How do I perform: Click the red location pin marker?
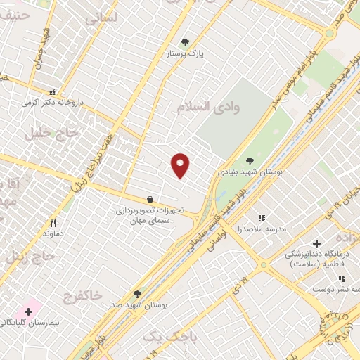pos(181,165)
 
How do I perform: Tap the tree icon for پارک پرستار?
pos(185,42)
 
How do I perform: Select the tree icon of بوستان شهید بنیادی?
pos(250,161)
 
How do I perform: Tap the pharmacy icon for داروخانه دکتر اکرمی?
pos(51,92)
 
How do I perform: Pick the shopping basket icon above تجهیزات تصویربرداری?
pos(150,200)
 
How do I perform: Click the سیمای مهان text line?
pos(146,221)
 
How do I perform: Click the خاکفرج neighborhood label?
pos(86,294)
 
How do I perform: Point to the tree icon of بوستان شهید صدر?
pos(137,294)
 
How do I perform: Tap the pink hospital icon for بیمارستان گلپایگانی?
pos(29,311)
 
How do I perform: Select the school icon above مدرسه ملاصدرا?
pos(262,219)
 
